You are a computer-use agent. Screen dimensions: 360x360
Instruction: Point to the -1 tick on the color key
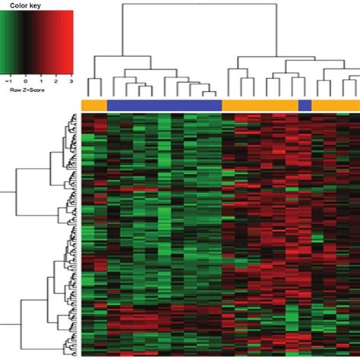coord(8,78)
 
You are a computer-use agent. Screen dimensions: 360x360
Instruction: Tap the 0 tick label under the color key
coord(25,78)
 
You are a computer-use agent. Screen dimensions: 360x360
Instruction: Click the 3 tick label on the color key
coord(70,78)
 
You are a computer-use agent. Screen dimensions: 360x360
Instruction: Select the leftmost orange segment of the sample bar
coord(94,105)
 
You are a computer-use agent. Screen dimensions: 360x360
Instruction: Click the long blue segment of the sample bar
coord(164,105)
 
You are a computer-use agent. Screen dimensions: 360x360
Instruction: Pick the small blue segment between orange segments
coord(305,105)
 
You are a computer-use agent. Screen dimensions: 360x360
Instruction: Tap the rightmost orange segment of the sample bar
coord(336,105)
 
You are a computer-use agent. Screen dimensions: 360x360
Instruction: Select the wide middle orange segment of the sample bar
coord(260,105)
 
